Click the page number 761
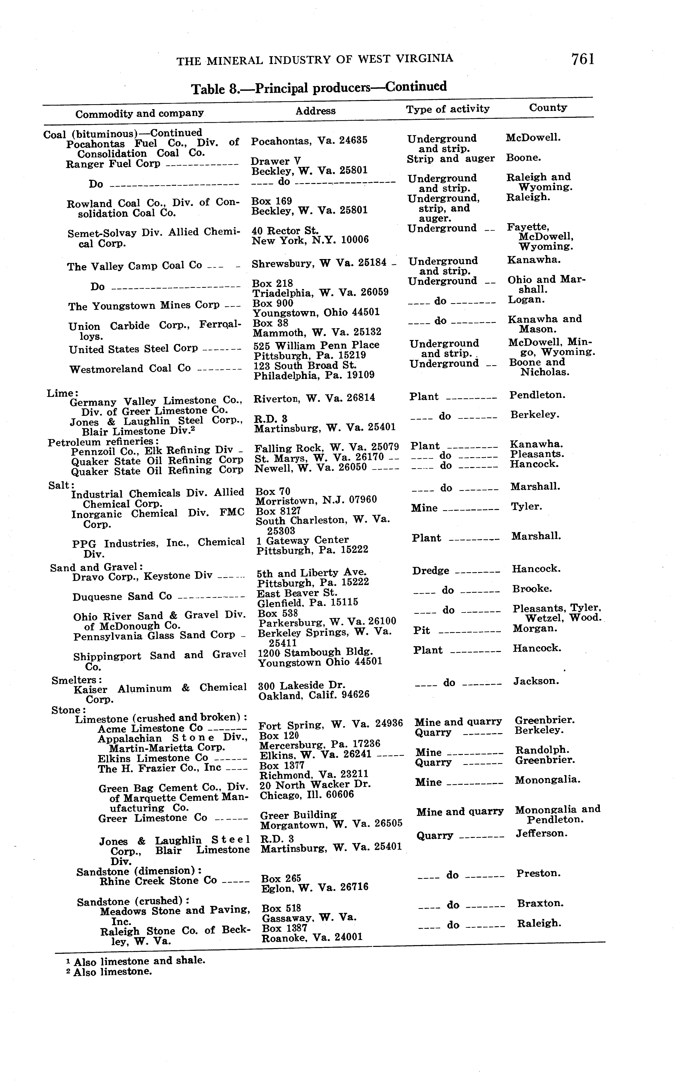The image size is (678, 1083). (583, 59)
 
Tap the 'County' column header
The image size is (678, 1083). (547, 108)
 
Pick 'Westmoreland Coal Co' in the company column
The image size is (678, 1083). (130, 369)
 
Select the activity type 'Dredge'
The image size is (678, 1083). (431, 571)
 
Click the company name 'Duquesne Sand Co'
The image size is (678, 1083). (122, 597)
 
